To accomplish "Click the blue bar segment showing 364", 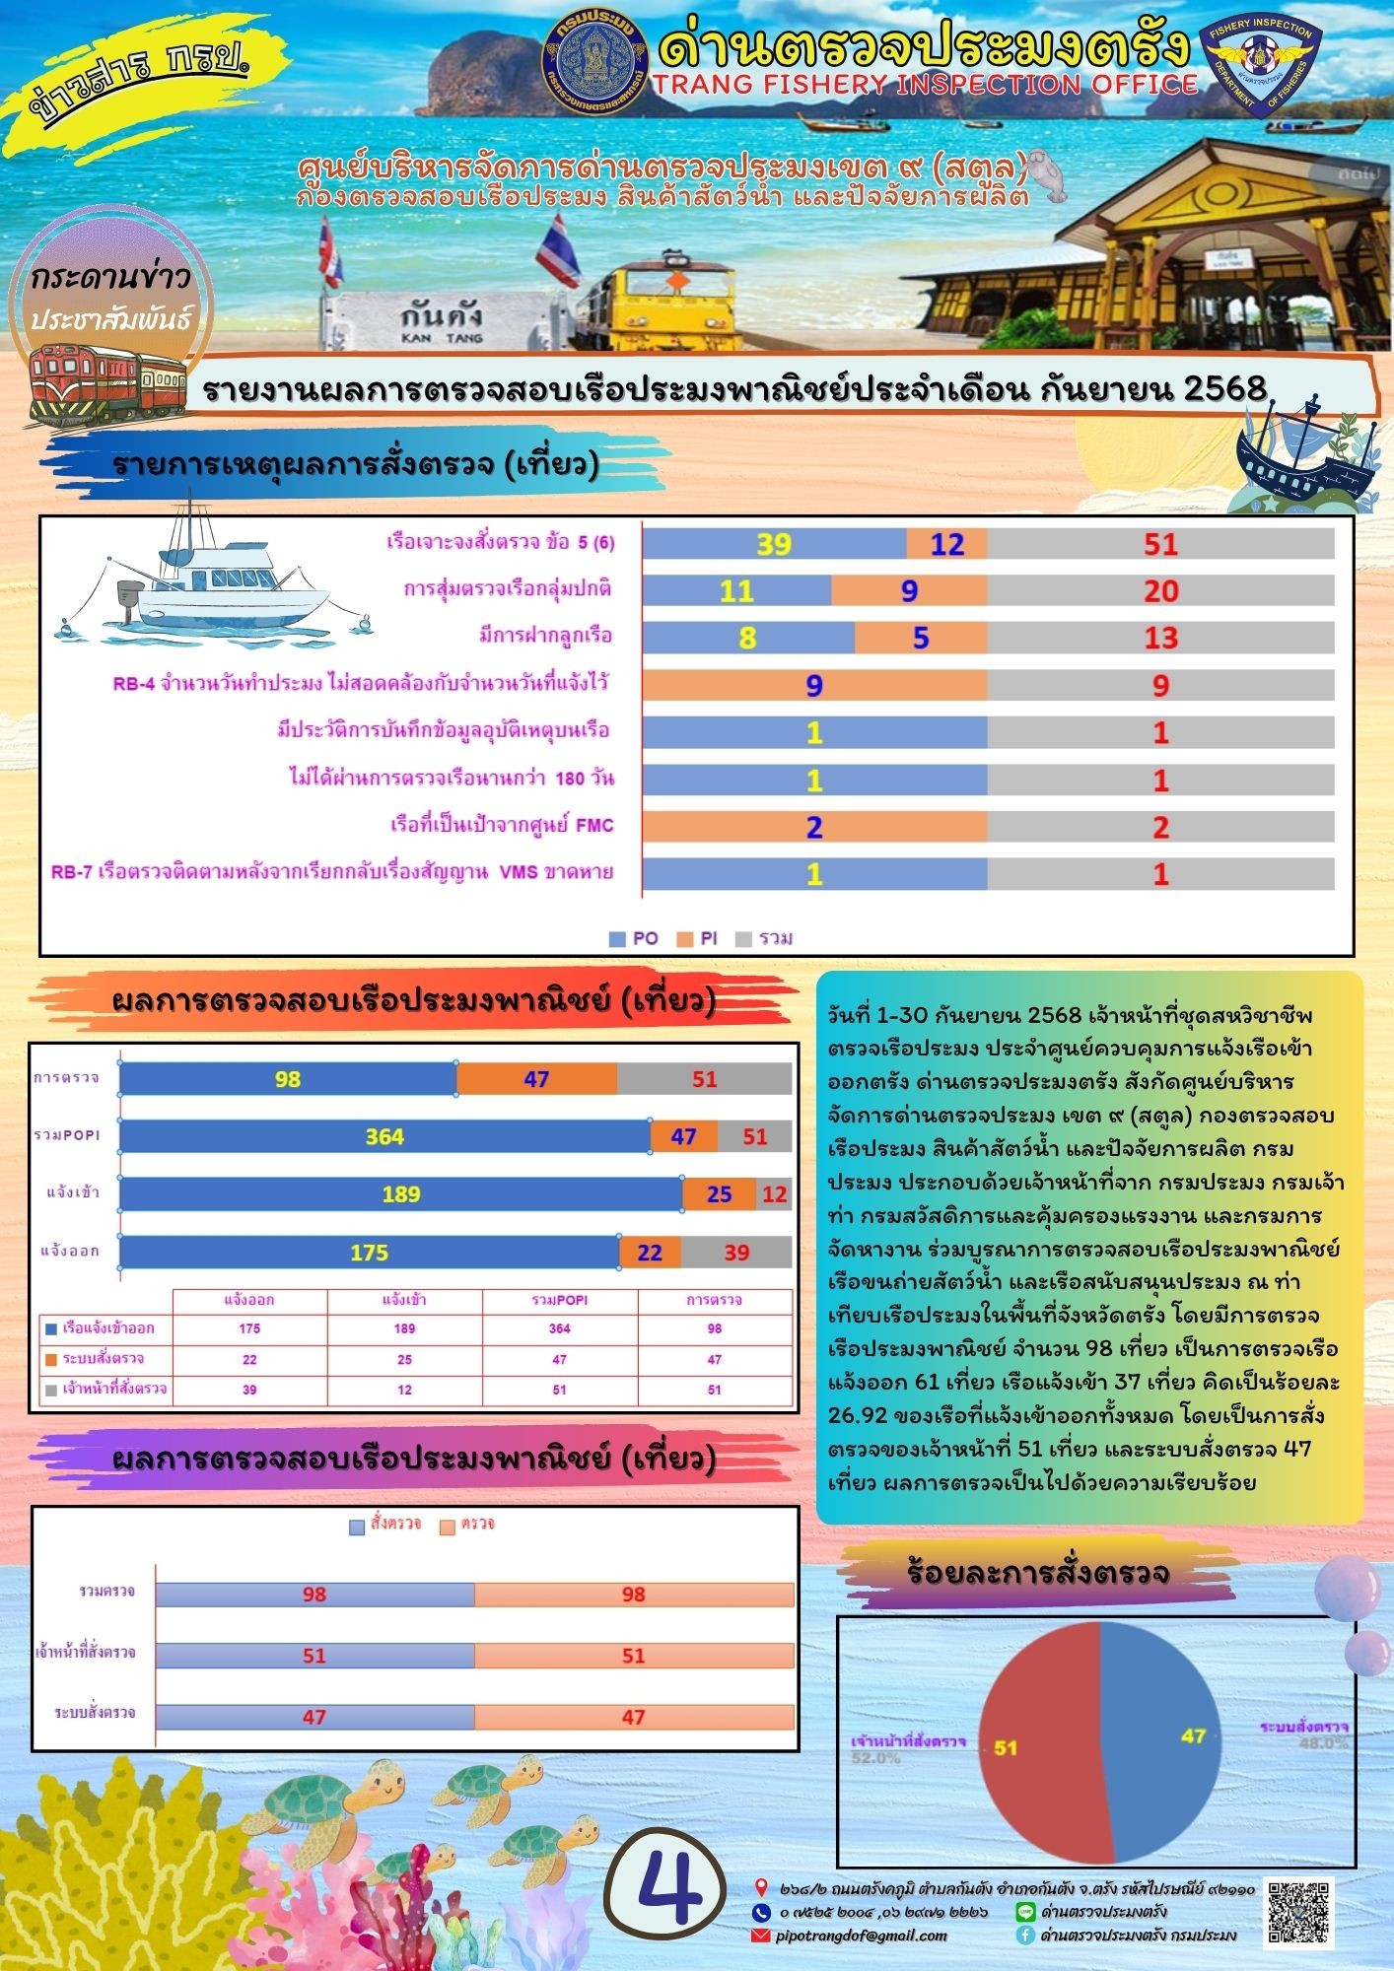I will tap(384, 1136).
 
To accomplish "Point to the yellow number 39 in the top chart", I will tap(774, 544).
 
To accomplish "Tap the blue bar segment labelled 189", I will tap(401, 1194).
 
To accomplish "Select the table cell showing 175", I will tap(249, 1328).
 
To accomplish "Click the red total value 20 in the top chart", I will tap(1160, 590).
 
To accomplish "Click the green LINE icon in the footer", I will tap(1025, 1912).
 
